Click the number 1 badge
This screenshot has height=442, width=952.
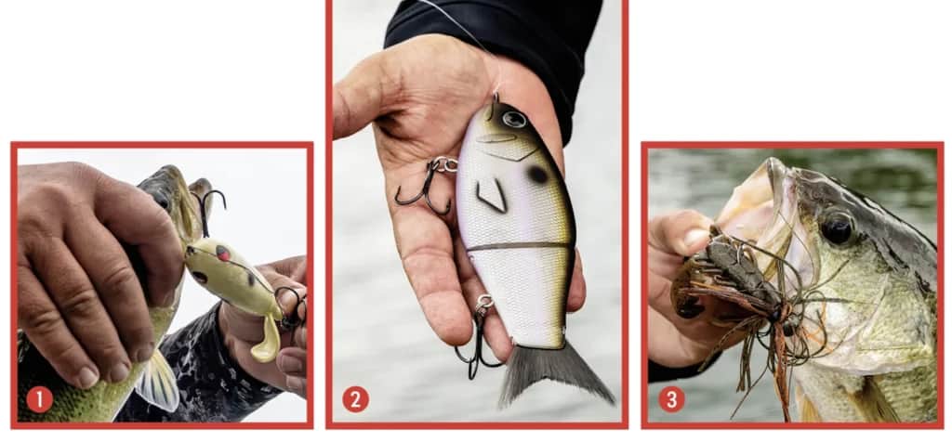39,399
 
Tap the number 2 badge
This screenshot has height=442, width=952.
355,399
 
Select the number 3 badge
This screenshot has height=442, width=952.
671,399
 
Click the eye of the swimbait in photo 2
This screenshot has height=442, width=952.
514,119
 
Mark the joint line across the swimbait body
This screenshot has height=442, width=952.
521,246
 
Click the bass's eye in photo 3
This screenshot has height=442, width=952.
837,227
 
